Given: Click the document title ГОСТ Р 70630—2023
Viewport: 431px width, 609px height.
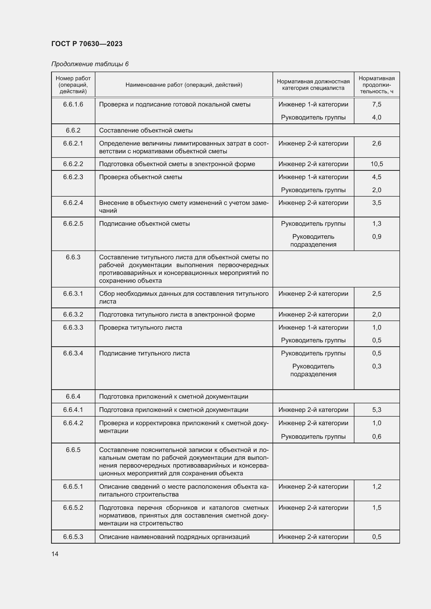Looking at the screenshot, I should click(x=87, y=44).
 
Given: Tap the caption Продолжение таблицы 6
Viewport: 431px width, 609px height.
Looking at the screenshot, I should click(x=90, y=64).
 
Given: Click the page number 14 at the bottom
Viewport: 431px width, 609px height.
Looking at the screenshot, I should click(x=55, y=554).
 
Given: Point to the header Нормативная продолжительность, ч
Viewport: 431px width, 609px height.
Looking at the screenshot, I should click(x=376, y=85).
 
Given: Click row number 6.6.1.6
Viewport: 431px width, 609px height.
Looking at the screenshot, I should click(x=73, y=104).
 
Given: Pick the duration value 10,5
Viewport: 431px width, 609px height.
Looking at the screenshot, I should click(x=377, y=164).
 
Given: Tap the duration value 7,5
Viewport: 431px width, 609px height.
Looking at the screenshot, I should click(x=377, y=104).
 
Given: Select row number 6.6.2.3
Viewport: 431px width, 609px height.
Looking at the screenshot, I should click(x=73, y=177).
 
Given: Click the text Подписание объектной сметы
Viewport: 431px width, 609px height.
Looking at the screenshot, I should click(x=144, y=224).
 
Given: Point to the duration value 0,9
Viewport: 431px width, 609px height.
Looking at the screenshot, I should click(x=377, y=236).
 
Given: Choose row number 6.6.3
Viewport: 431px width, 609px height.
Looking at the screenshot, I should click(x=73, y=257).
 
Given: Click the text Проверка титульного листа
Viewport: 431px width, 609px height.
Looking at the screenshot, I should click(x=140, y=327).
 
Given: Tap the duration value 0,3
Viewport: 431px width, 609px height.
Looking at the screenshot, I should click(x=377, y=366).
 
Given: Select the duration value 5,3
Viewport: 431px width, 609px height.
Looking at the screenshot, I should click(x=377, y=410).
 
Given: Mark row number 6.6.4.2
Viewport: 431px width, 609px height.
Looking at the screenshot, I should click(x=73, y=423).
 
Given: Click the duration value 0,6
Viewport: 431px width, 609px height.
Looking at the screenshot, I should click(x=377, y=436).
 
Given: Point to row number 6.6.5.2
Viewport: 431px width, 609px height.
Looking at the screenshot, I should click(x=73, y=507).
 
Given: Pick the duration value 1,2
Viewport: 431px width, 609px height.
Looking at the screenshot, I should click(x=377, y=486).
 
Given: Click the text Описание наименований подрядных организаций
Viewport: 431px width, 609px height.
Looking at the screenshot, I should click(x=174, y=537).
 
